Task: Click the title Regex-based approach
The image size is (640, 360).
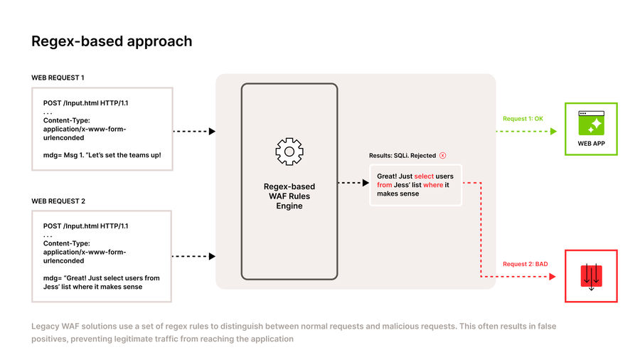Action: pos(112,41)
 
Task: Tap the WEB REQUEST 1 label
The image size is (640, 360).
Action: pos(58,78)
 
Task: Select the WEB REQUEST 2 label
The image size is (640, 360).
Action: pos(58,201)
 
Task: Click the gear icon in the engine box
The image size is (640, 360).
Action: pos(289,152)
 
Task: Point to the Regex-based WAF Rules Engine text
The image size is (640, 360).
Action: pos(289,196)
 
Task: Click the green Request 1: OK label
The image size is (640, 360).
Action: pos(523,119)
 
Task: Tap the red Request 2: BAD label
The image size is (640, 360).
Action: pos(525,264)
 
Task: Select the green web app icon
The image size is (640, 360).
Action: pos(591,123)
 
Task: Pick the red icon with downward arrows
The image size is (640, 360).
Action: pos(591,276)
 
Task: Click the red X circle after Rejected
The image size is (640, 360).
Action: pos(442,155)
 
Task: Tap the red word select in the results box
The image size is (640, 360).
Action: pos(425,176)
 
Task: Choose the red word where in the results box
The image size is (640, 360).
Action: pos(433,185)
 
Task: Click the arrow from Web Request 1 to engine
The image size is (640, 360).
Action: pos(194,131)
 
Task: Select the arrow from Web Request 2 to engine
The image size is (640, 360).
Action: pos(194,256)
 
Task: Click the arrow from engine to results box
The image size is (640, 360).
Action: pos(353,183)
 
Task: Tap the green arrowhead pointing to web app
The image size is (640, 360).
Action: pos(554,131)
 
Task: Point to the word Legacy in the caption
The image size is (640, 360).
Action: pos(45,327)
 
